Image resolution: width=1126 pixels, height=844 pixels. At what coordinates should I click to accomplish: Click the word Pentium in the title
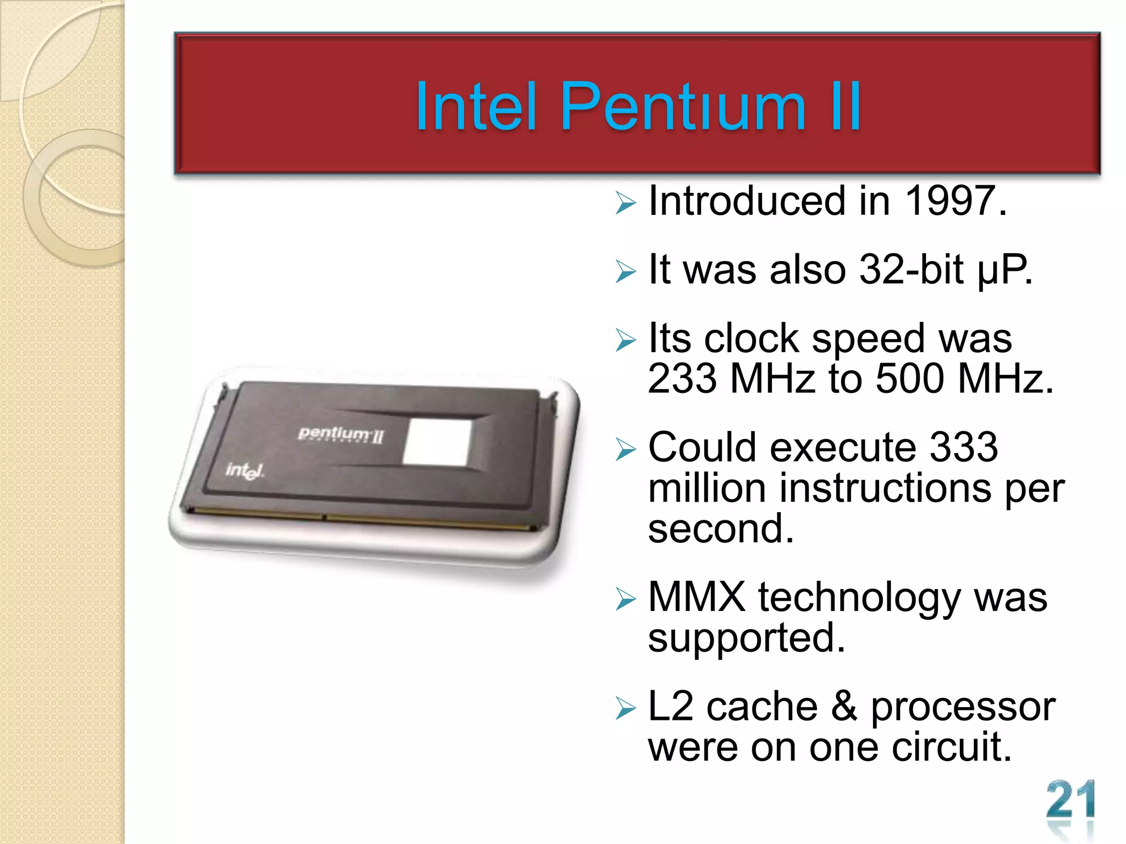(x=683, y=107)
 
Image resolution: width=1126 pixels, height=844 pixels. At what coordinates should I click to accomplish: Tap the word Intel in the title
(x=476, y=107)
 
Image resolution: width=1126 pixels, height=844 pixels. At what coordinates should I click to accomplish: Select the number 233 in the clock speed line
(x=682, y=379)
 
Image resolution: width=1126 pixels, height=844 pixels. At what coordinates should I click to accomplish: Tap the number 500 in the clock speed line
(x=909, y=379)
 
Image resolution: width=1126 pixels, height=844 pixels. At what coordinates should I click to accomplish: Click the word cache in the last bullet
(x=762, y=707)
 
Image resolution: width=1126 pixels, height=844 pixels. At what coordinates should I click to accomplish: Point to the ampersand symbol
(x=844, y=707)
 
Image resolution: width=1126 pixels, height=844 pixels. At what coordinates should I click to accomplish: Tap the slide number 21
(x=1070, y=801)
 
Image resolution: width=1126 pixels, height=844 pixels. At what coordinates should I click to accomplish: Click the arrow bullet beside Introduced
(x=626, y=203)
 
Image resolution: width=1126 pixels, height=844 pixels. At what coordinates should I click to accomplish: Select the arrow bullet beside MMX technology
(x=626, y=599)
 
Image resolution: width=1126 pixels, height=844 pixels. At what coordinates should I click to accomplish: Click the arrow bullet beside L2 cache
(x=626, y=708)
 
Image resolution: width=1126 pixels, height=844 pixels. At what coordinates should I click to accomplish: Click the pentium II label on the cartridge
(x=340, y=435)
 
